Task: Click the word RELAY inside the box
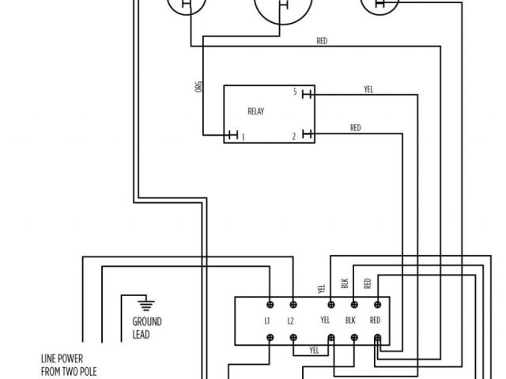coord(255,112)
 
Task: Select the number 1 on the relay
coord(242,137)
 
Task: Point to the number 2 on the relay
coord(293,137)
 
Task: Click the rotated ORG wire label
coord(198,88)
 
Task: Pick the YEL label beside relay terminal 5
coord(368,88)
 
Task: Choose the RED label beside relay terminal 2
coord(356,128)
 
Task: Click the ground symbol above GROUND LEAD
coord(144,303)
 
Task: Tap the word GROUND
coord(147,322)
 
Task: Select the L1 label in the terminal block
coord(268,321)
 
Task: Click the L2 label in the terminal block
coord(291,321)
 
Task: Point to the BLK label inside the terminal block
coord(352,321)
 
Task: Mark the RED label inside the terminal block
coord(375,321)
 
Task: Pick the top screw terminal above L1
coord(270,303)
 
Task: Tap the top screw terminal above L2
coord(293,303)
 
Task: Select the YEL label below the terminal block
coord(314,349)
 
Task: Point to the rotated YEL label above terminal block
coord(321,289)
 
